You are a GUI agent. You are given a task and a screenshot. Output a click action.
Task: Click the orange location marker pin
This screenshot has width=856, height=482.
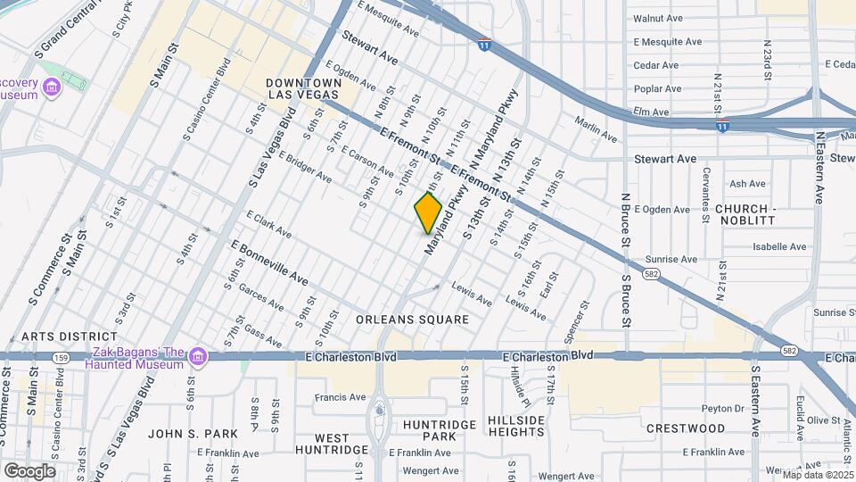[x=428, y=212]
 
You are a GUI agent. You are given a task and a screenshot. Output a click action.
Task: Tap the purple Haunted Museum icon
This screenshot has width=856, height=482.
[x=198, y=357]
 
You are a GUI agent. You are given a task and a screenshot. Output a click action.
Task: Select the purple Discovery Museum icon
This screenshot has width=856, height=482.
[x=53, y=87]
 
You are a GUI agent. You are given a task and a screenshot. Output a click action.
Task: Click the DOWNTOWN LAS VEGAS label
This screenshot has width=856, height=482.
[x=303, y=88]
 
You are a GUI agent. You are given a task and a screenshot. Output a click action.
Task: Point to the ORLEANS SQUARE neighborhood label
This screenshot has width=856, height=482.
[x=412, y=320]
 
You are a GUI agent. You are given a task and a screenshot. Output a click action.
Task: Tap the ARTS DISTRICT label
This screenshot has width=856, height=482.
[x=57, y=337]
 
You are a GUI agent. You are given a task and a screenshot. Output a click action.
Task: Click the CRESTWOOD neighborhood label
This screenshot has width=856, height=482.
[x=686, y=428]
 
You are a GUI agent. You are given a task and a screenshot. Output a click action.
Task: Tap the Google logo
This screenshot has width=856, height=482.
[x=29, y=470]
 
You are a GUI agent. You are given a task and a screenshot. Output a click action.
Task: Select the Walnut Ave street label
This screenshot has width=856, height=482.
[x=657, y=18]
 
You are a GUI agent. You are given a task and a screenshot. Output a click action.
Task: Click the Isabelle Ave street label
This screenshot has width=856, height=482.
[x=778, y=245]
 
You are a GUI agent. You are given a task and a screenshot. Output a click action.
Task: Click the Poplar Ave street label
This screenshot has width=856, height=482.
[x=657, y=88]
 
